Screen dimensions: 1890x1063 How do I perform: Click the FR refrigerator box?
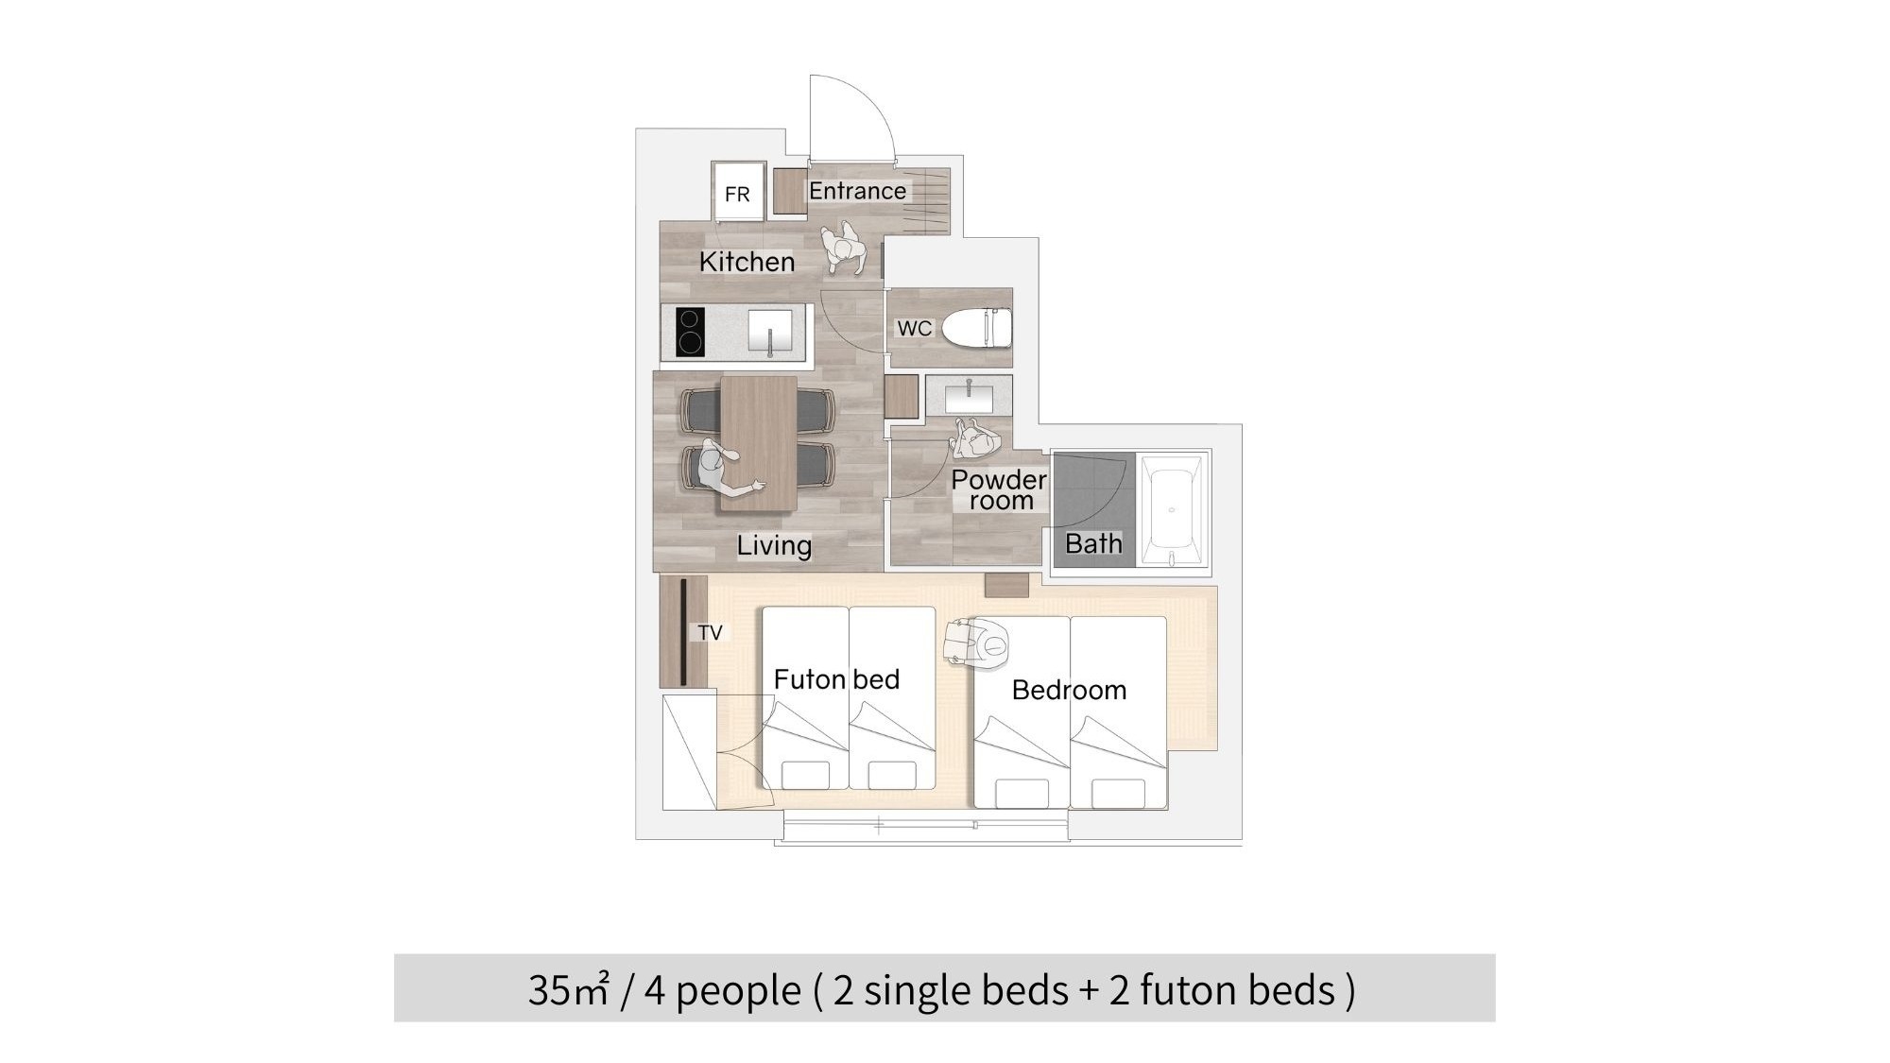[x=738, y=192]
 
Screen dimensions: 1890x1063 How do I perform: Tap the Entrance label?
[x=857, y=191]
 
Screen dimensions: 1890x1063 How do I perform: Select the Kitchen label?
[x=747, y=262]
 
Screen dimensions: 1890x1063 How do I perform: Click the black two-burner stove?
[x=691, y=332]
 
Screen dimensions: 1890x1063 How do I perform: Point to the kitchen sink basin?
[x=770, y=331]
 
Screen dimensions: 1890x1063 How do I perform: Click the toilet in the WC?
[x=977, y=327]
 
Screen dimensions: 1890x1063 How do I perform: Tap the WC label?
[x=914, y=328]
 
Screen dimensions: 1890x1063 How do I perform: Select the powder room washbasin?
[x=969, y=394]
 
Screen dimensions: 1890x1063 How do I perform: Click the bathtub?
[x=1172, y=510]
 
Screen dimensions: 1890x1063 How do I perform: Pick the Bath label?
[x=1093, y=543]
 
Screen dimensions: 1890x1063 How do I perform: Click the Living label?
[x=774, y=545]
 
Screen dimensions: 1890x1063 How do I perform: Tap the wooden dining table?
[x=758, y=443]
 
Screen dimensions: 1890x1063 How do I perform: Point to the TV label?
[x=710, y=632]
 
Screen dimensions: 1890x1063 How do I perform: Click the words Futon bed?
[x=836, y=679]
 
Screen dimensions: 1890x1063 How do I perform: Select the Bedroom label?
[x=1069, y=690]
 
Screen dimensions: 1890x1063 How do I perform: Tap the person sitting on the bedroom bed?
[x=979, y=643]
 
